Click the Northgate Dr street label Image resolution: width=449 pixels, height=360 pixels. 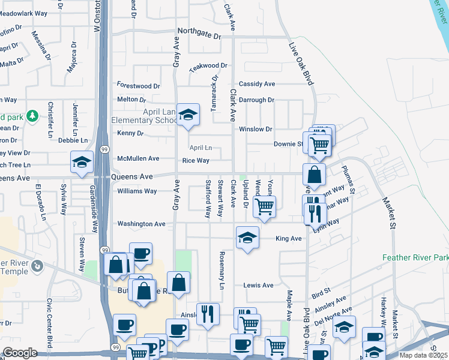(x=199, y=35)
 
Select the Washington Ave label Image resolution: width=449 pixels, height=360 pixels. (x=141, y=224)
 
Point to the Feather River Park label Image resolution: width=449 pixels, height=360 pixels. (x=415, y=258)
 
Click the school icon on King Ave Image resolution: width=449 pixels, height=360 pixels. (x=247, y=238)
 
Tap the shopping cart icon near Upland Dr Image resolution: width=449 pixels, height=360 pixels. (x=264, y=206)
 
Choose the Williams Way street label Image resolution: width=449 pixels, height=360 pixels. (x=137, y=191)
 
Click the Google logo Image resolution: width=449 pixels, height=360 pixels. (x=20, y=352)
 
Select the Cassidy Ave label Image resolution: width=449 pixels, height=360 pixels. (x=257, y=84)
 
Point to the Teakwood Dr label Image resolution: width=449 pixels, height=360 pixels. (x=208, y=66)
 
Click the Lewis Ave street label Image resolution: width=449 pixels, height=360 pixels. (x=259, y=285)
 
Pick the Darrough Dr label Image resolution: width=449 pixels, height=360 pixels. (x=256, y=100)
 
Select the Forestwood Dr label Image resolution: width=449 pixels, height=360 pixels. (x=139, y=86)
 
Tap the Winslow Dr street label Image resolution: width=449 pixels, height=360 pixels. (x=256, y=129)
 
